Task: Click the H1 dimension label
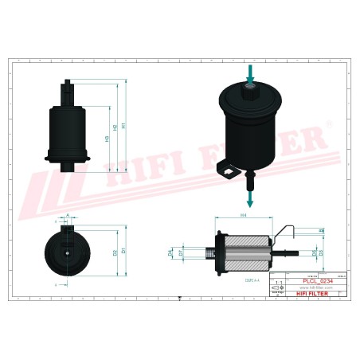(x=125, y=125)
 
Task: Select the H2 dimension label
(x=115, y=127)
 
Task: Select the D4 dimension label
(x=170, y=252)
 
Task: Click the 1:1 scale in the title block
(x=278, y=283)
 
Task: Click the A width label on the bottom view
(x=68, y=216)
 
